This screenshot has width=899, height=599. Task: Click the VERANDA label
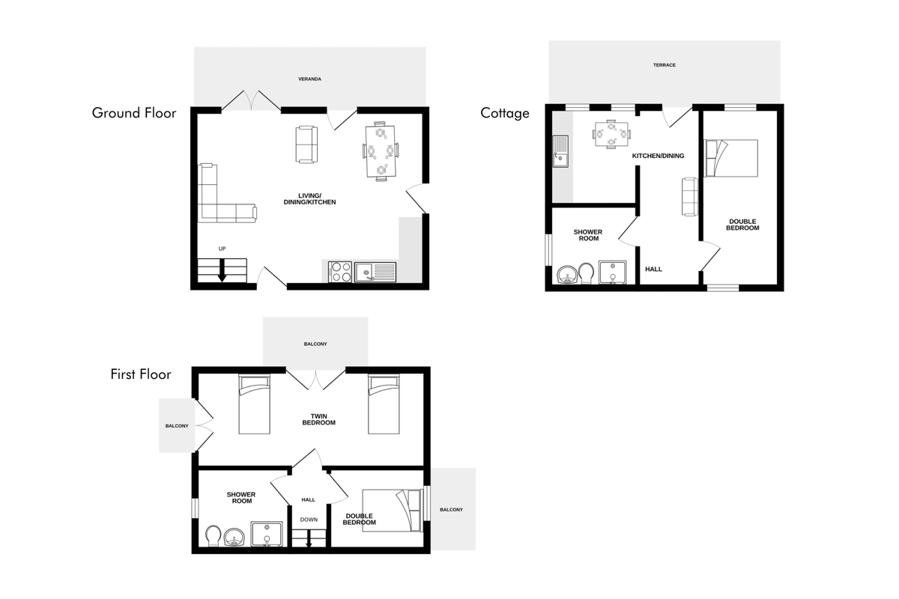[309, 79]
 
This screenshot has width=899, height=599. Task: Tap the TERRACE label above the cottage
[665, 65]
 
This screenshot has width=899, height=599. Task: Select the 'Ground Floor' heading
[134, 113]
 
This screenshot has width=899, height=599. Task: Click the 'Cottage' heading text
[505, 113]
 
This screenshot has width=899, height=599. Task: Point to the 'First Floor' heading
[141, 374]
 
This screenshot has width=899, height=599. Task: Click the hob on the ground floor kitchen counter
[340, 272]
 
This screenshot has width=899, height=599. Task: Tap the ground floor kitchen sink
[375, 272]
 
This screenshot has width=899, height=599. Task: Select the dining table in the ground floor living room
[381, 151]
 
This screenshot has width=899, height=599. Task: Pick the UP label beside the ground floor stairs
[222, 249]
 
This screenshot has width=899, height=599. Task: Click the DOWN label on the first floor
[309, 520]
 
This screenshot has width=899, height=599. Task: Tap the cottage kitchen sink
[560, 151]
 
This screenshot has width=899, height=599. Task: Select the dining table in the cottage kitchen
[611, 134]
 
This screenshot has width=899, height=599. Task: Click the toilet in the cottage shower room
[587, 273]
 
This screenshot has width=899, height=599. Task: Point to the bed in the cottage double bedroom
[731, 158]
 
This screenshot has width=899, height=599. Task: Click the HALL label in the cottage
[653, 270]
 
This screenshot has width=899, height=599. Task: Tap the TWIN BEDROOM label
[318, 419]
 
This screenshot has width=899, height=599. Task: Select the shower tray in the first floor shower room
[267, 534]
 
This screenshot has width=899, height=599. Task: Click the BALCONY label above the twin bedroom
[315, 344]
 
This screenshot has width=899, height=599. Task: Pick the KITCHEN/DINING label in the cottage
[658, 156]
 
